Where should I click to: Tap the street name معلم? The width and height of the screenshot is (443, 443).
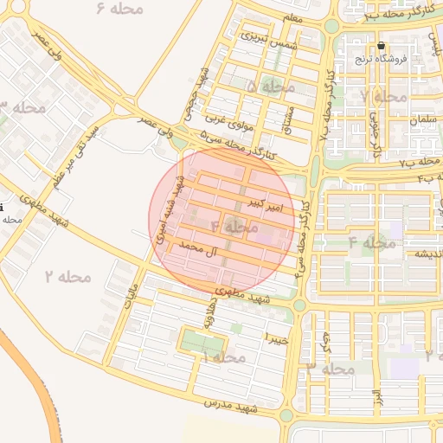point(292,18)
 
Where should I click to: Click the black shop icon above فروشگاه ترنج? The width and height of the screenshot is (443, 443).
point(382,46)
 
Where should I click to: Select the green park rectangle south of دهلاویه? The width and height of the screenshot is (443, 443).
point(202,343)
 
